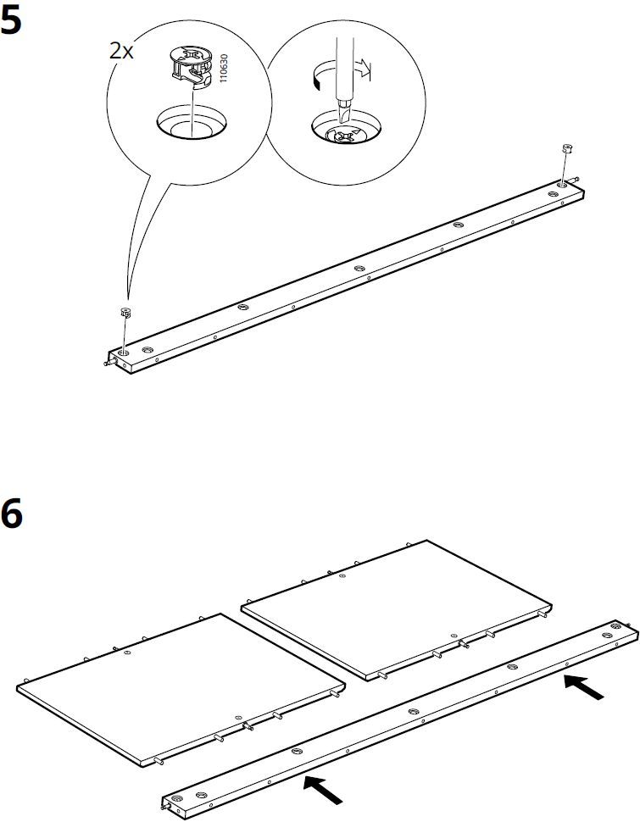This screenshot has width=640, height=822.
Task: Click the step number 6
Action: point(12,514)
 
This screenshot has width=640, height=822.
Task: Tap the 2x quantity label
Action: point(121,50)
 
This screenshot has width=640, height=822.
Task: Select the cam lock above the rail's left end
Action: point(125,312)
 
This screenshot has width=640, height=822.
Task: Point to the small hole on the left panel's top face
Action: point(126,654)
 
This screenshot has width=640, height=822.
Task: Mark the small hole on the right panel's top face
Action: point(341,576)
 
